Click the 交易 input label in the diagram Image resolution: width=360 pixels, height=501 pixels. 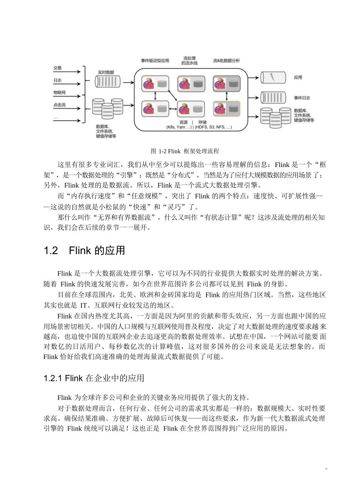57,68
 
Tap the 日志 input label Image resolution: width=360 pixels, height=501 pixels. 57,80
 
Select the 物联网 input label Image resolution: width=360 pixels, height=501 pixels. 59,92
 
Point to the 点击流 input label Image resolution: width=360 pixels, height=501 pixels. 59,105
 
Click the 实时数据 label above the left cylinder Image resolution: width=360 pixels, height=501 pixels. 106,72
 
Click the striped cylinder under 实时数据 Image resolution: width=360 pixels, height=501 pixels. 108,82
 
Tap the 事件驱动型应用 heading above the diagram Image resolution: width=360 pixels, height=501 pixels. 155,61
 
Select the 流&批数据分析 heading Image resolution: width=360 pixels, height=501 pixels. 226,61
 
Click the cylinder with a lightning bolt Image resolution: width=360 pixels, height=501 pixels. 272,77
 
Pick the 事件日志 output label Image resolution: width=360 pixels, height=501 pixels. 302,98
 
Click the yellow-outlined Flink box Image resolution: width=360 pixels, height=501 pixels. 227,109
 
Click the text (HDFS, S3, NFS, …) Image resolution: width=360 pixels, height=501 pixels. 213,127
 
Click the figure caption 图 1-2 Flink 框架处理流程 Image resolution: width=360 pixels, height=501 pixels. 185,151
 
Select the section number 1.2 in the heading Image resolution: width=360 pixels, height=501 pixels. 51,251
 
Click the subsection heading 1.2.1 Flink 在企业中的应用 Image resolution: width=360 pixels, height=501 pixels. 94,378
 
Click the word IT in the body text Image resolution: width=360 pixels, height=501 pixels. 84,305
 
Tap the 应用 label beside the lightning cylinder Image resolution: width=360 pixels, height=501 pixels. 298,77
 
